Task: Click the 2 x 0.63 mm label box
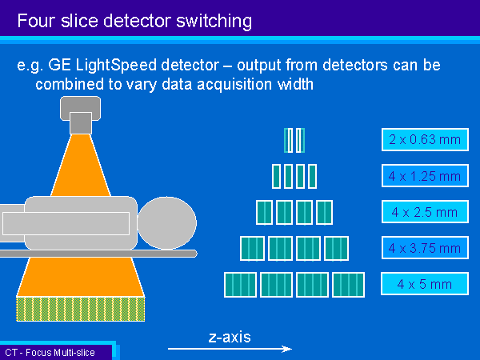pos(425,139)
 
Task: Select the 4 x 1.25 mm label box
pos(425,176)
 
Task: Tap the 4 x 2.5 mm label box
pos(425,211)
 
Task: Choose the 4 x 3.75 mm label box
pos(425,248)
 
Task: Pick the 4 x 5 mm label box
pos(425,284)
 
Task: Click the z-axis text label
pos(230,337)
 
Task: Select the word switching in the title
pos(214,22)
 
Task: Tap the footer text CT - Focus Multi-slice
pos(50,353)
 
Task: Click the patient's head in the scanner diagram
pos(167,223)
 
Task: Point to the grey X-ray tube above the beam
pos(81,114)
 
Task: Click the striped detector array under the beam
pos(81,309)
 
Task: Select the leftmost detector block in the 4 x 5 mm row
pos(240,285)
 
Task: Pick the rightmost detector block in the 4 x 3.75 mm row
pos(336,248)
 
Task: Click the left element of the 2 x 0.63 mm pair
pos(288,140)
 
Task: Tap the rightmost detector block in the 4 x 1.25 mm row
pos(312,176)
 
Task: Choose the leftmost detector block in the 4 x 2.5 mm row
pos(264,213)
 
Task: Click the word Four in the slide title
pos(36,21)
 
